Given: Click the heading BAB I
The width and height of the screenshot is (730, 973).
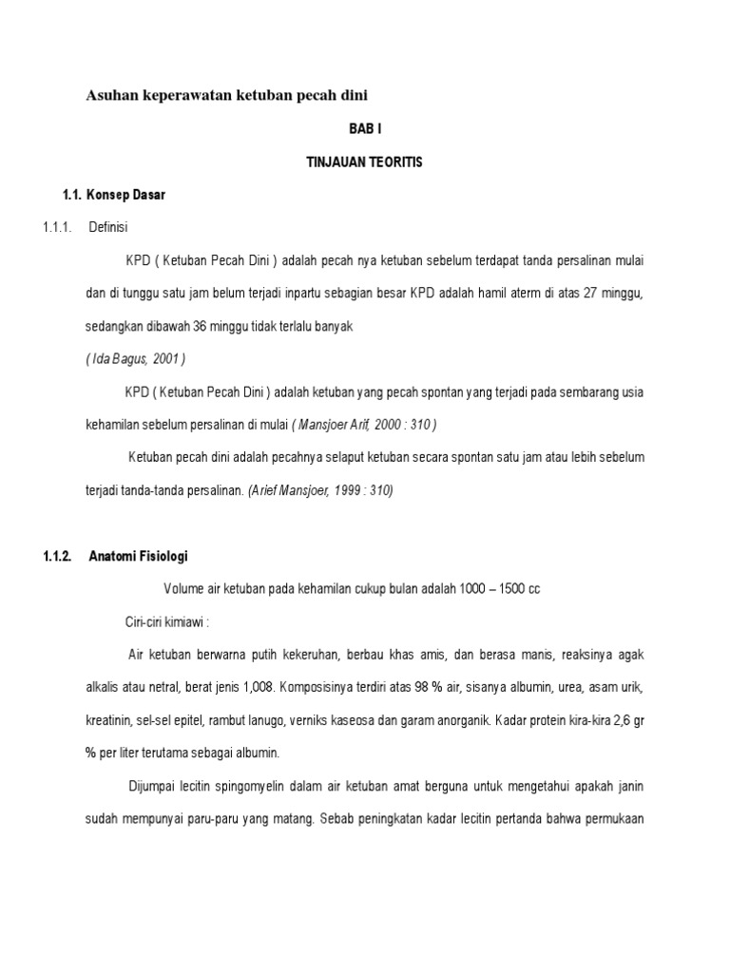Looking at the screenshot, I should (x=365, y=127).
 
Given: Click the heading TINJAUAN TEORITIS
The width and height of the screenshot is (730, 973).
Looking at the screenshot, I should (x=364, y=162).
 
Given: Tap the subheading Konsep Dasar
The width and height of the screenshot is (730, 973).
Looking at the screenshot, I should (x=125, y=195).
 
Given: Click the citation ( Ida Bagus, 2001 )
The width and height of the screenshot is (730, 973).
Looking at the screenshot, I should (x=135, y=358).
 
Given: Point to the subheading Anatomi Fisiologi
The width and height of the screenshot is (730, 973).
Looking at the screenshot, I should (x=144, y=556).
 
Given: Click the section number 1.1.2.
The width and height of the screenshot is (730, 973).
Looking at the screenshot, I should (x=58, y=556).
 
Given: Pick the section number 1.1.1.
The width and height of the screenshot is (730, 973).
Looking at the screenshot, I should (x=58, y=227).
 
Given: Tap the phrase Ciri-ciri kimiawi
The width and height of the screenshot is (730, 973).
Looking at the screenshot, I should (x=165, y=621).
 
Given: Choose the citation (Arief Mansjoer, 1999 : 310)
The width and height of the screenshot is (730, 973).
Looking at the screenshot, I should (x=319, y=490).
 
